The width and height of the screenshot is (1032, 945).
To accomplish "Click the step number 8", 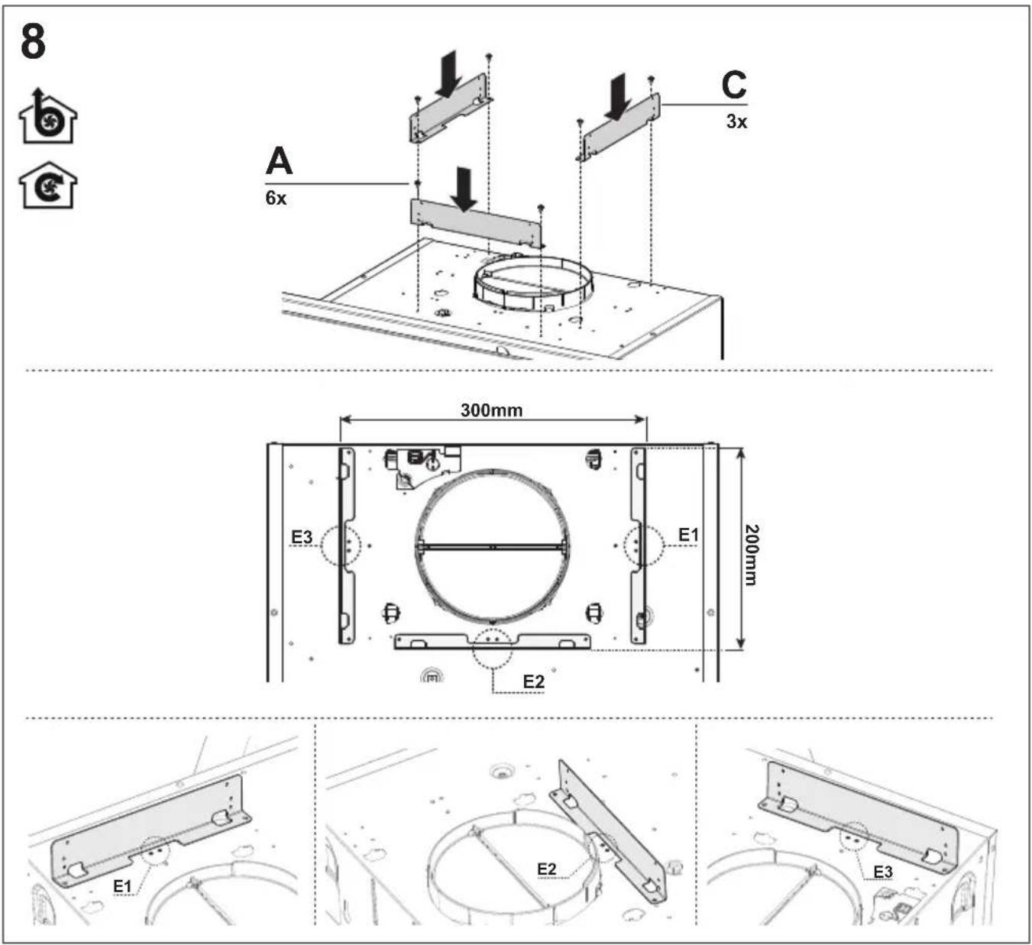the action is point(34,42).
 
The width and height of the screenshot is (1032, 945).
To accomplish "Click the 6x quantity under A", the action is point(276,198).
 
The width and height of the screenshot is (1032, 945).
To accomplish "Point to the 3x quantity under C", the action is point(736,121).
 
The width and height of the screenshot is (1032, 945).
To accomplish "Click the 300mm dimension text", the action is point(491,410).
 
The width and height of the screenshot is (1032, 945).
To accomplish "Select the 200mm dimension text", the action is point(751,555).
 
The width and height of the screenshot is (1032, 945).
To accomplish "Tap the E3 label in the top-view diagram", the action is point(302,537).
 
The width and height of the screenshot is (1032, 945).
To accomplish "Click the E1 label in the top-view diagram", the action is point(688,535).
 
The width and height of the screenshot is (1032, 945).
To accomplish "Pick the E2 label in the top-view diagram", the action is point(533,682).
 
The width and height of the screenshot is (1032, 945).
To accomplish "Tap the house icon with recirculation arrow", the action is point(48,186).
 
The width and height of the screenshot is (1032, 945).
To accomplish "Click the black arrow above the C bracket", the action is point(617,97).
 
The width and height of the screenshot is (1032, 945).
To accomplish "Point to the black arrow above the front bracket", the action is point(464,189).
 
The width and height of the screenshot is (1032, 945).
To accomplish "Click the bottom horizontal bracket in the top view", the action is point(493,641).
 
